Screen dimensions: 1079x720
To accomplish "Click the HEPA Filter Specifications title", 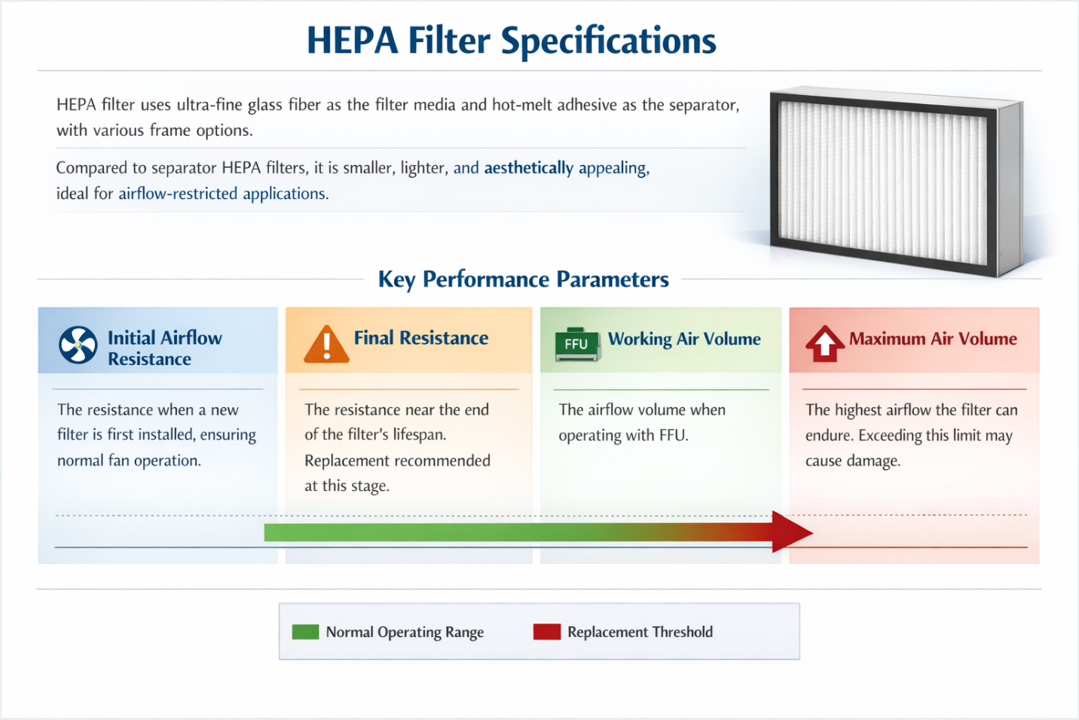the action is coord(512,41).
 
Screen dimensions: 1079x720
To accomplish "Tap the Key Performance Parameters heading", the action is coord(524,280).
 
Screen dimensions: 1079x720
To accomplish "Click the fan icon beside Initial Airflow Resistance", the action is coord(78,345).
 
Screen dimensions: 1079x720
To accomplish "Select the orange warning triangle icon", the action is coord(326,344).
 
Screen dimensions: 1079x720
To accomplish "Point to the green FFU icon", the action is coord(578,344).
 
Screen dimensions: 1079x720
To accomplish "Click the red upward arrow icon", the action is coord(824,344).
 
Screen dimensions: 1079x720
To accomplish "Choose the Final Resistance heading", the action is coord(421,338).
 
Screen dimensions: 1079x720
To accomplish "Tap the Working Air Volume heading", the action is coord(684,339).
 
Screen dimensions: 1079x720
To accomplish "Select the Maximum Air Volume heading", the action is coord(933,339).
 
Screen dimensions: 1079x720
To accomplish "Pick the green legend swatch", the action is coord(305,632).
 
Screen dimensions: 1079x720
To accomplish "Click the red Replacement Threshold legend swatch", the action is coord(547,632).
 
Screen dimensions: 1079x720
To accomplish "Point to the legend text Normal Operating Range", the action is coord(405,633).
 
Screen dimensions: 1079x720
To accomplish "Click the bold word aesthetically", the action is coord(528,168).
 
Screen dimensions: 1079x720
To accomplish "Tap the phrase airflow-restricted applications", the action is coord(222,193).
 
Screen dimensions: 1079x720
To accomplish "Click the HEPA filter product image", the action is coord(896,182).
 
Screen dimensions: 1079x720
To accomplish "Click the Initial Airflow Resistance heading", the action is coord(164,348).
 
